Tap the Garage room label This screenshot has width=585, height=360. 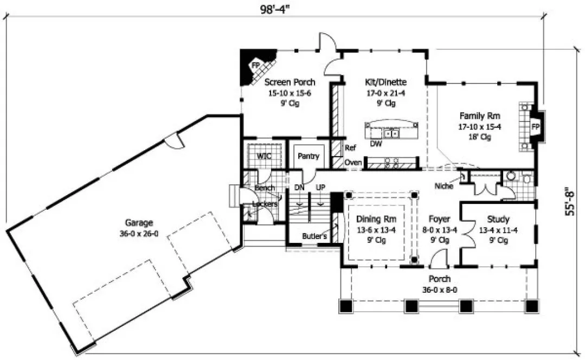coord(139,222)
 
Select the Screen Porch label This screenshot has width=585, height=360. coord(290,82)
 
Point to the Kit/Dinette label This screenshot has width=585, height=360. coord(386,82)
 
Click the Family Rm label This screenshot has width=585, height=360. coord(480,115)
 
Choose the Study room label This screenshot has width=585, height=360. coord(498,220)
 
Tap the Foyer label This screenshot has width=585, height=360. coord(440,220)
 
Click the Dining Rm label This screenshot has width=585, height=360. coord(376,220)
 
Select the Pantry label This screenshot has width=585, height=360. coord(308,156)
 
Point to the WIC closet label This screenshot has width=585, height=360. coord(263,156)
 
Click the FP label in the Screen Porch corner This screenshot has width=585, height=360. coord(254,65)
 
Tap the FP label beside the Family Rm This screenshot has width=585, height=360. coord(536,127)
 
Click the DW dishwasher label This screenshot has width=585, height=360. coord(375,144)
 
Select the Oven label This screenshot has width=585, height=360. coord(353,162)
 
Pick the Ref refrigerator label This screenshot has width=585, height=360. coord(350,147)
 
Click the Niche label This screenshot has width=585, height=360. coord(444,185)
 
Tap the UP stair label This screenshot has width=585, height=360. coord(320,187)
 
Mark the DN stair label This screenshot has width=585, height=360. coord(299,187)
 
